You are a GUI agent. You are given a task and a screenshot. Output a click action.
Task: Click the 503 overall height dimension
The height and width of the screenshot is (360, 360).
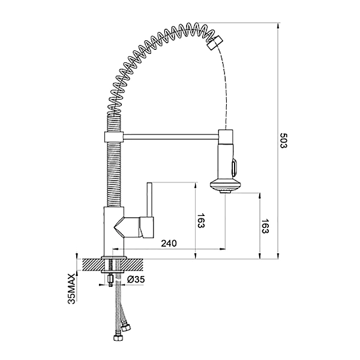[283, 140]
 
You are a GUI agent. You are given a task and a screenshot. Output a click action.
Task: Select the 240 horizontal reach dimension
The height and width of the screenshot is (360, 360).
[169, 243]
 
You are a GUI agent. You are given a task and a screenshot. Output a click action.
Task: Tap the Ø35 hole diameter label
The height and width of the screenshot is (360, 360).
[136, 280]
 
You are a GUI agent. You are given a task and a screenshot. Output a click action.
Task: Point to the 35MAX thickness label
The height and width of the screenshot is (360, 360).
[71, 289]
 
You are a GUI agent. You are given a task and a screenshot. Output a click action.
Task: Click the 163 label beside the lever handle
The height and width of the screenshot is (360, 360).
[200, 221]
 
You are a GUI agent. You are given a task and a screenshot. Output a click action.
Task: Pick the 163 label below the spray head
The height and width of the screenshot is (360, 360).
[265, 226]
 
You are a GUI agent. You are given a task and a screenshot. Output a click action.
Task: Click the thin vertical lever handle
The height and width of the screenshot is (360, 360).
[149, 200]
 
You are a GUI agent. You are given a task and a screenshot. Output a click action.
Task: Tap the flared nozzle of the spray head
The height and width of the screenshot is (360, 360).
[225, 185]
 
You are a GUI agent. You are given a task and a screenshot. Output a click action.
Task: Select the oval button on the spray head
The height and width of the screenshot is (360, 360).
[234, 167]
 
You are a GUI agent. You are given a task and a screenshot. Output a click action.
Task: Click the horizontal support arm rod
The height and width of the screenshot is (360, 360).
[171, 137]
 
